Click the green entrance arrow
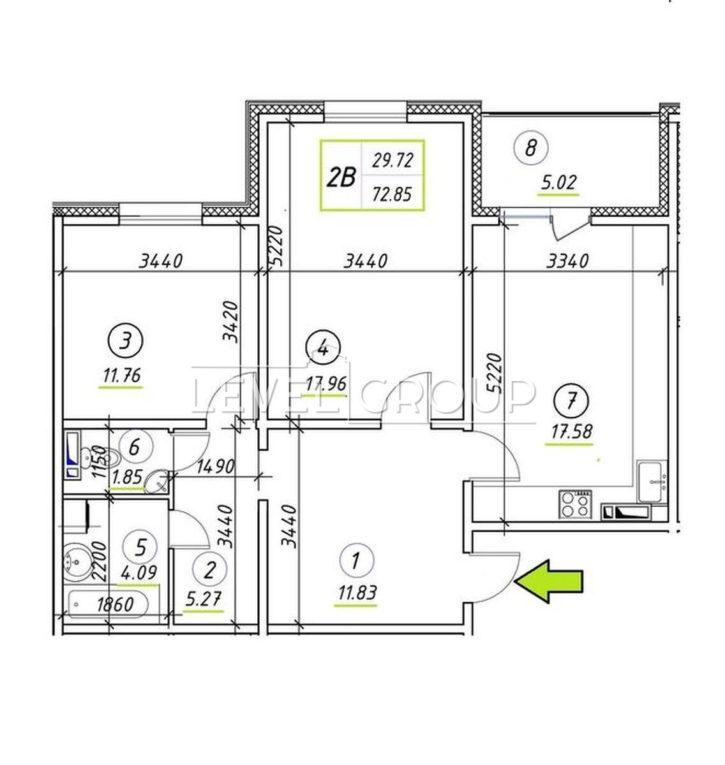point(548,581)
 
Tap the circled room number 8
point(530,149)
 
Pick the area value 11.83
point(357,593)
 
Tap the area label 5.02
point(558,182)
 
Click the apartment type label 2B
point(341,177)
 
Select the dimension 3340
point(567,261)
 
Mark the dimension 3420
point(230,321)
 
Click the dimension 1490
point(215,466)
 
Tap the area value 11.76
point(121,376)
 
